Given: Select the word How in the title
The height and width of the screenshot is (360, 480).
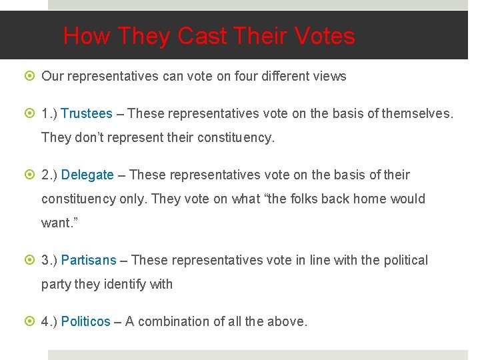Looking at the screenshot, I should (x=86, y=36).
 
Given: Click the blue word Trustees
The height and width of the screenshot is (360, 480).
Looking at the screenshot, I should (x=87, y=113).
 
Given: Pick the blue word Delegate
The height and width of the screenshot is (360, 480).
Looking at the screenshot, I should (x=87, y=175).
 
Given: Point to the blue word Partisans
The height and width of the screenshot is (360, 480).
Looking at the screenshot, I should (x=89, y=260).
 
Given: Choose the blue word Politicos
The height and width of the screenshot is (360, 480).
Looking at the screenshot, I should (x=85, y=321).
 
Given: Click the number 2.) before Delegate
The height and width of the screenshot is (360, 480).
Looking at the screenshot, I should (x=49, y=175).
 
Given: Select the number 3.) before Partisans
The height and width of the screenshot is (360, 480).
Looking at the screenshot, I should (x=49, y=260).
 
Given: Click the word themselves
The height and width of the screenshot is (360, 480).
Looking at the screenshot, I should (x=417, y=113).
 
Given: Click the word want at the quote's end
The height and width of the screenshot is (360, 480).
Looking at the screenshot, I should (x=57, y=223).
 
